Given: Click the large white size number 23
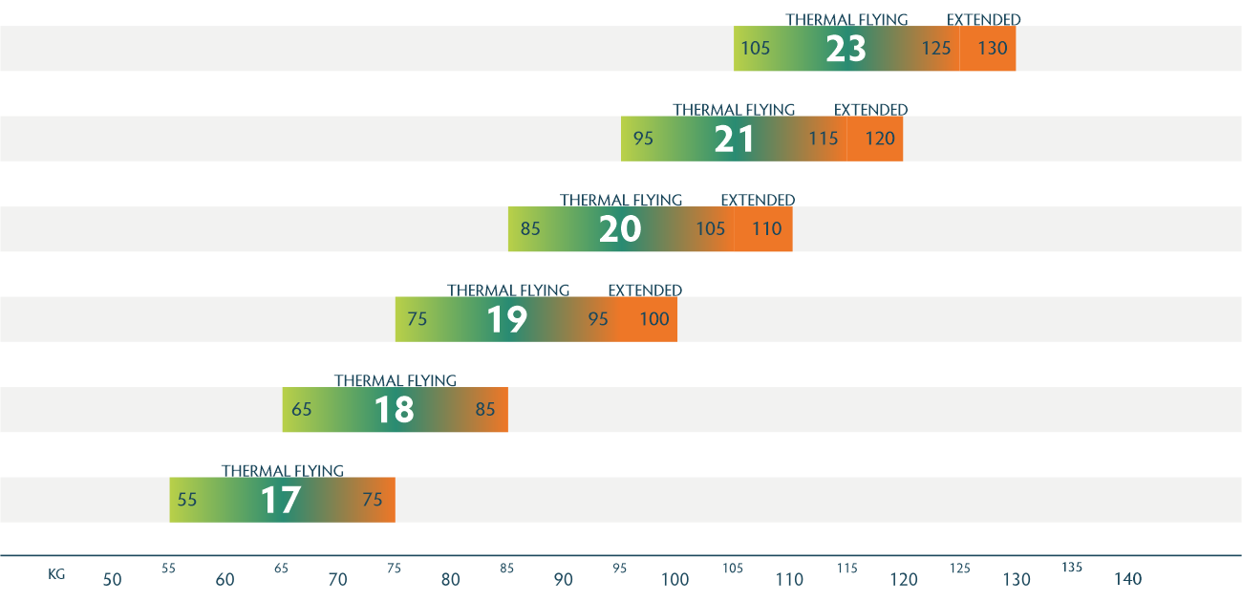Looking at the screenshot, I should click(846, 49).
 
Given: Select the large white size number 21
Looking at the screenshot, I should click(735, 140).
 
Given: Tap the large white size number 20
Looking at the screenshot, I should click(620, 229).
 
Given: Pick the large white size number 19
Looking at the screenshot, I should click(507, 319).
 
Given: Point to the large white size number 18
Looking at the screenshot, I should click(394, 410).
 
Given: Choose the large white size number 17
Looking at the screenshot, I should click(281, 500).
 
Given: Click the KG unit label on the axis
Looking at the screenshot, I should click(56, 574).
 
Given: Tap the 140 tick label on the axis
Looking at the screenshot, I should click(1127, 579).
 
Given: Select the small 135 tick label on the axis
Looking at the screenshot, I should click(1072, 568).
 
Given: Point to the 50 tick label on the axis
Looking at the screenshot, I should click(113, 579).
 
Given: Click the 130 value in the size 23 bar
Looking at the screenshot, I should click(993, 48).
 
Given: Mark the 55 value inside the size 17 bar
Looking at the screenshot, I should click(187, 500).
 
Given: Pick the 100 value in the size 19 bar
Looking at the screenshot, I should click(654, 319).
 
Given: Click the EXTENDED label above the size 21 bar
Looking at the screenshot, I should click(870, 110).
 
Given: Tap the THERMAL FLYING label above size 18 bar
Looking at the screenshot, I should click(396, 380).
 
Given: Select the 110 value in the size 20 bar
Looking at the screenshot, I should click(766, 229).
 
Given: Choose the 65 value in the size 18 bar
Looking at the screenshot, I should click(302, 410).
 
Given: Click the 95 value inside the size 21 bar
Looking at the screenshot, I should click(643, 139).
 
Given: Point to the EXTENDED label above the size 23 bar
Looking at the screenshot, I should click(983, 20).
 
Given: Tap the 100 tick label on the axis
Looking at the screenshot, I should click(675, 579).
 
